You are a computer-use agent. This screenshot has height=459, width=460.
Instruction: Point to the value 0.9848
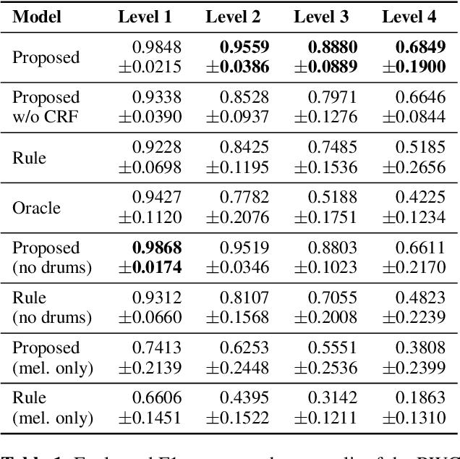point(156,48)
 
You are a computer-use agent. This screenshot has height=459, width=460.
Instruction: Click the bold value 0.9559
point(244,48)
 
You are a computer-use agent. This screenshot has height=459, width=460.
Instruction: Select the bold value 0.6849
point(419,48)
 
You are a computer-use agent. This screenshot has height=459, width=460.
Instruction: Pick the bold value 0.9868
point(156,248)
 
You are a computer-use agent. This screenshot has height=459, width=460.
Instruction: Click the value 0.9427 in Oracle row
point(156,198)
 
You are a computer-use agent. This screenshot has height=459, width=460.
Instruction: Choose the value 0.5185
point(419,148)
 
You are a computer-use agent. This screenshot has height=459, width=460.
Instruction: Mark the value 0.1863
point(419,397)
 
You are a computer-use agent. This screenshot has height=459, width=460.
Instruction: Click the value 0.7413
point(156,348)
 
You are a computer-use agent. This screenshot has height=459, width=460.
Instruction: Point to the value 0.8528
point(244,98)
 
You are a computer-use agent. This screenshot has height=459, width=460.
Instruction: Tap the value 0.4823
point(419,298)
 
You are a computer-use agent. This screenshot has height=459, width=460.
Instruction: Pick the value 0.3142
point(332,397)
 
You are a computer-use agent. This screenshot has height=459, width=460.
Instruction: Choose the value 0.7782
point(244,198)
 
